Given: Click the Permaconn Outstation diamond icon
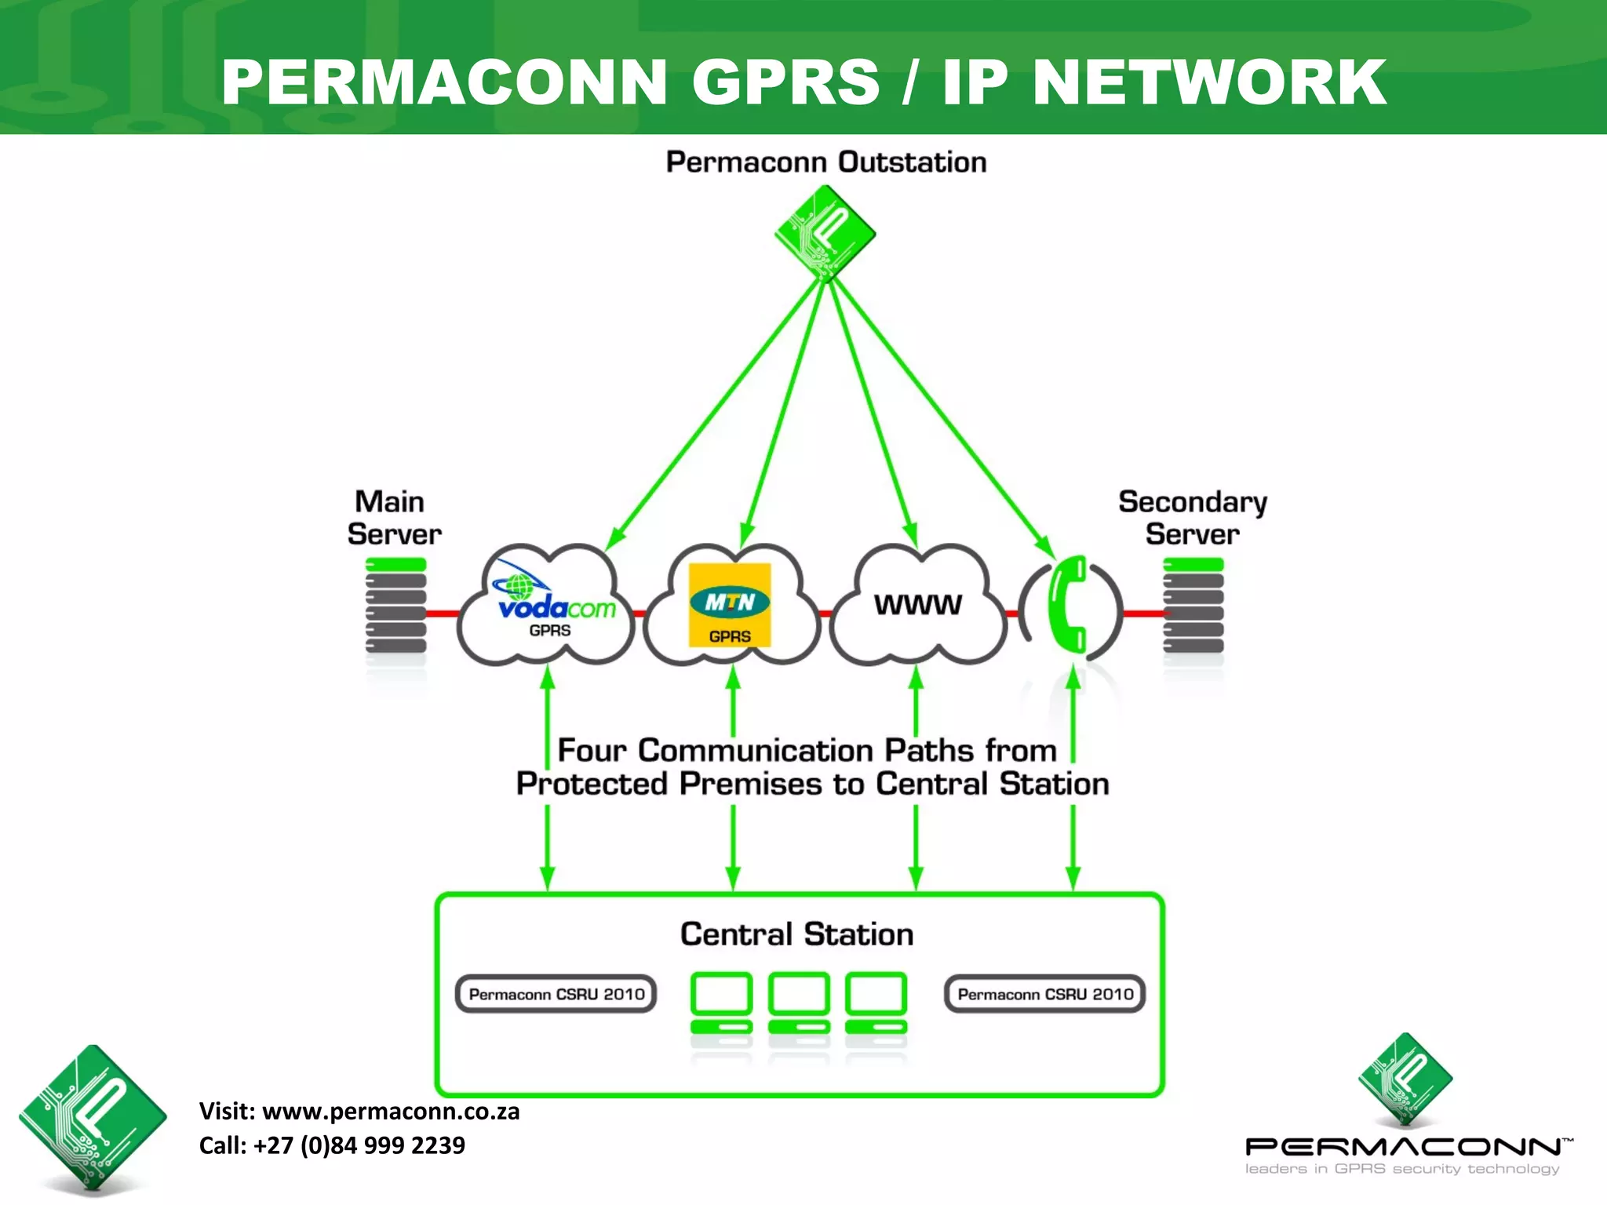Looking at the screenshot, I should pos(825,233).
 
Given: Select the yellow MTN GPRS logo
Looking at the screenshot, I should pos(730,605).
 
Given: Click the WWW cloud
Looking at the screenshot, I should pos(917,605).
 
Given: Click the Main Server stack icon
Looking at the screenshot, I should pos(395,606).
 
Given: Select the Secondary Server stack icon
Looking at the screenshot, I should pos(1193,606).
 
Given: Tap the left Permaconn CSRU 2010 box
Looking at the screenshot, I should pos(556,994).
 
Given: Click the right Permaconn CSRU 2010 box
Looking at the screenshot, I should pos(1044,994).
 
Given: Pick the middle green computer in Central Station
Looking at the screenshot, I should pos(799,1004).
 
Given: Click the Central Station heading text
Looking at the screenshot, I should pos(796,934).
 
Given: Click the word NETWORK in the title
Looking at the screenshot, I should pos(1208,82).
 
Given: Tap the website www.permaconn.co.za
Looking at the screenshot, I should pos(390,1112).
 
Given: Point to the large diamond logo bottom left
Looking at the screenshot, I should pos(93,1118).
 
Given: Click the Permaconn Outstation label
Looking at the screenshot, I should pos(825,162).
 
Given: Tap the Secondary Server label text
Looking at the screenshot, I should pos(1192,518).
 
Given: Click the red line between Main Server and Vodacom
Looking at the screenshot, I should pos(443,613).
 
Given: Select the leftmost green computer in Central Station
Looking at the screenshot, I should pos(721,1004).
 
